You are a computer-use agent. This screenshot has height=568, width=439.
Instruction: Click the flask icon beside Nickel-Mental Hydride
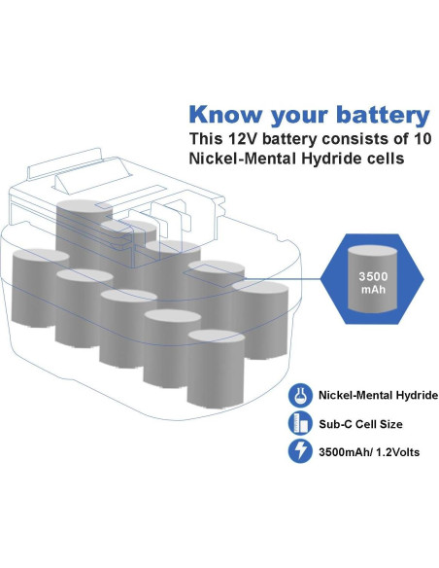(x=300, y=396)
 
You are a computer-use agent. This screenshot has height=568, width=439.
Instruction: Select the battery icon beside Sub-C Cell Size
(x=300, y=423)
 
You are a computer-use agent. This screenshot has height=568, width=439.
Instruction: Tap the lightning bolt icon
(x=300, y=451)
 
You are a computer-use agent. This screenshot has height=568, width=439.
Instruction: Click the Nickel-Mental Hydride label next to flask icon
(x=378, y=396)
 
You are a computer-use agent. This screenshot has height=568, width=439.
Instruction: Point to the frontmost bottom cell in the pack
(x=216, y=371)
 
